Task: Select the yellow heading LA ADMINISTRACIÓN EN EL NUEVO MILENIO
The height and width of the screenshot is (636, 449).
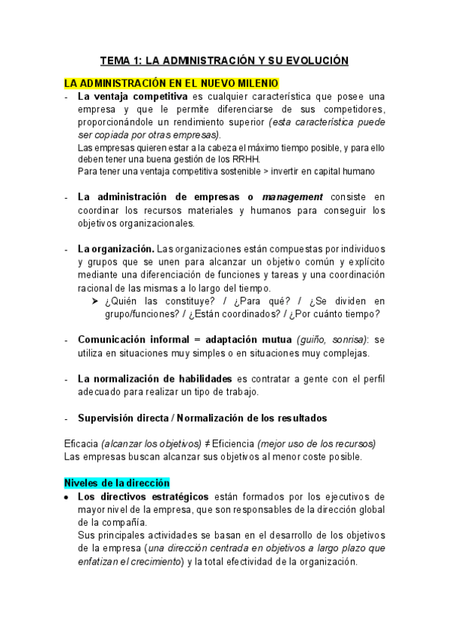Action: tap(172, 82)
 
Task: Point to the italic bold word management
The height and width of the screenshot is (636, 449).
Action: tap(292, 196)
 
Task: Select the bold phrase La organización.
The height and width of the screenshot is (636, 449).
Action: tap(115, 248)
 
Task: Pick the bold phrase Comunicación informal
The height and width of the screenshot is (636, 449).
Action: tap(133, 340)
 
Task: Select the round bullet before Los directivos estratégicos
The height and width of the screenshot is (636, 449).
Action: tap(67, 497)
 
